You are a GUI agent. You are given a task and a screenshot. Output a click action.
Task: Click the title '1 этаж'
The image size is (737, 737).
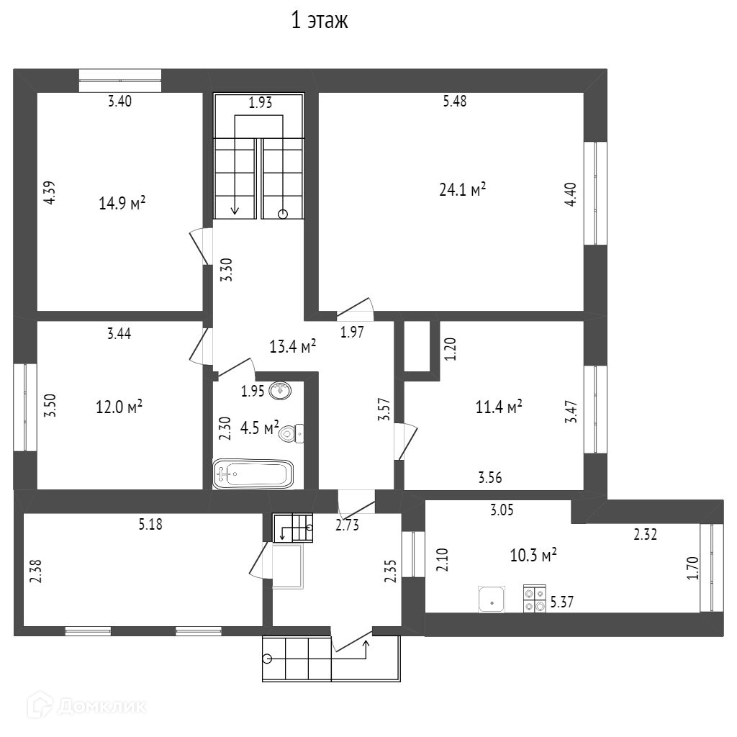point(319,22)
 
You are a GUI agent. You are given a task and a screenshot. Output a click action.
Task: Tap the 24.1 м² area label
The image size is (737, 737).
point(462,190)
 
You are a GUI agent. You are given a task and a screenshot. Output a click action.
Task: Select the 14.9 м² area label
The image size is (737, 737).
point(122,204)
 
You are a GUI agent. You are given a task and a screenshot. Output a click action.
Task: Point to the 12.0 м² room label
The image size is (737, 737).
point(119,407)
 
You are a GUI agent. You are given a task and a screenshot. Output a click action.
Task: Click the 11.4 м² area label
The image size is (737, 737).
point(499,407)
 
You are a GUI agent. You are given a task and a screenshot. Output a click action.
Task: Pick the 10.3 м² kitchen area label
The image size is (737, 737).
point(534,556)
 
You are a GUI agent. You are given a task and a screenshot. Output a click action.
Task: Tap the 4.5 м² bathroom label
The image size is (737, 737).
point(259,429)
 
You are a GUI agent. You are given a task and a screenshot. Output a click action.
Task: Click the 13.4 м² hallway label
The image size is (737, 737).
point(294,347)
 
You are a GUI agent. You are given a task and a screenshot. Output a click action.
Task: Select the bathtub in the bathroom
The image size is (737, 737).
point(253,474)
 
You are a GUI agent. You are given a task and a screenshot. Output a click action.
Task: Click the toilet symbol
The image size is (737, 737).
point(291,433)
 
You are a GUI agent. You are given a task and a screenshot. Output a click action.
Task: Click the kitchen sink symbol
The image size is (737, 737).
point(492,599)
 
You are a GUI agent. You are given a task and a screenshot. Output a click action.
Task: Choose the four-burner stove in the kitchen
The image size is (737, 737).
point(534,599)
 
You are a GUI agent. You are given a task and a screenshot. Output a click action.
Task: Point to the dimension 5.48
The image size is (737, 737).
point(455,101)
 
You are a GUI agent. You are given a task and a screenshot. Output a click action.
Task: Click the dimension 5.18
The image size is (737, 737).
point(150,525)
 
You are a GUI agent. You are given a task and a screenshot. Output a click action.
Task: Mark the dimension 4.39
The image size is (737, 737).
point(49,192)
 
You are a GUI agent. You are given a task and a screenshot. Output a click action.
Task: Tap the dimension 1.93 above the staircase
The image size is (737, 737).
point(260,103)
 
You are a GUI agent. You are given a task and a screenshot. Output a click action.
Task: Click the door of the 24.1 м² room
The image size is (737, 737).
point(356,308)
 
